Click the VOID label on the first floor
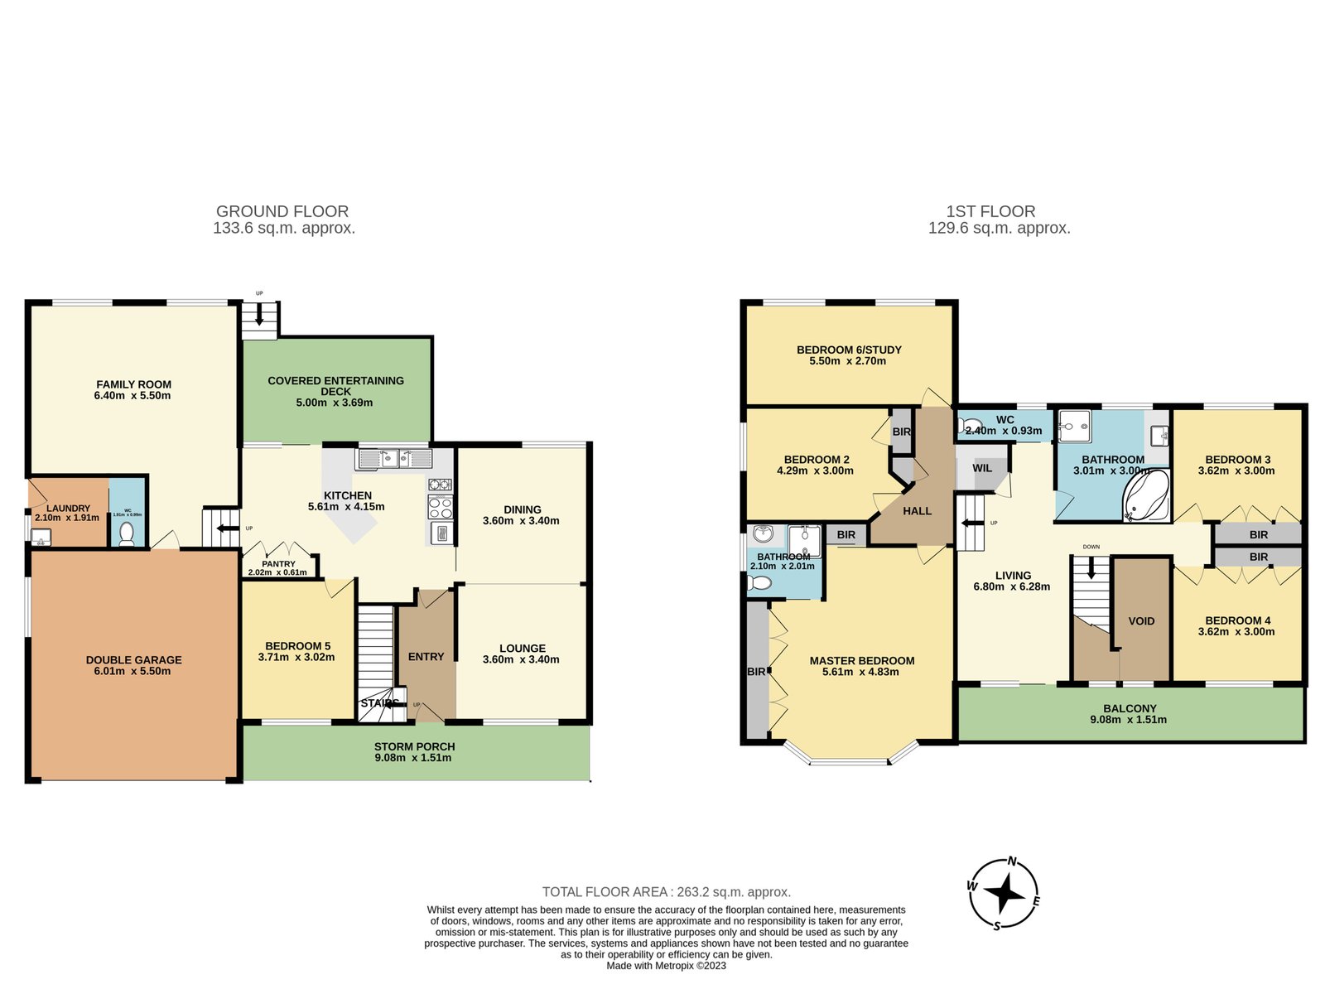pos(1141,621)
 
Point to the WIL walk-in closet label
pos(982,468)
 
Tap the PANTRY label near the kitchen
pos(278,563)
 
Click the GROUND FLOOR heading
pos(282,211)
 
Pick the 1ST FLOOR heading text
pos(990,211)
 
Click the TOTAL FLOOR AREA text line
pos(666,892)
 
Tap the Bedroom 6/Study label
pos(849,350)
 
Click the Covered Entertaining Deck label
pos(335,386)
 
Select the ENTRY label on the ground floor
pos(426,657)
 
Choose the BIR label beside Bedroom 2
pos(901,432)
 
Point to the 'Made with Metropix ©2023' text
pos(666,966)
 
